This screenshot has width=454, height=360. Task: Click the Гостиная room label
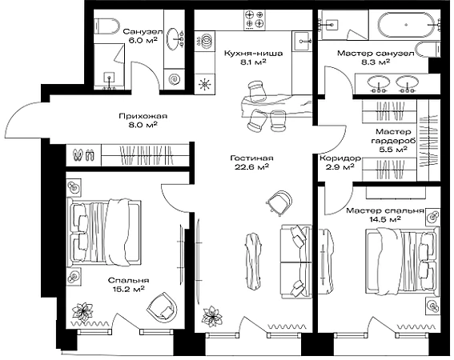(x=251, y=158)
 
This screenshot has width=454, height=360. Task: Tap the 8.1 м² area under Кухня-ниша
(x=253, y=62)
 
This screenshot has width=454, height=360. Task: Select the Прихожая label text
(x=143, y=116)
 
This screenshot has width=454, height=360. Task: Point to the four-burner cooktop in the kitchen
(x=255, y=19)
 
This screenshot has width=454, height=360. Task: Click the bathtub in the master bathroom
(x=406, y=25)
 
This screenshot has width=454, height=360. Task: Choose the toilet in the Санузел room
(x=106, y=26)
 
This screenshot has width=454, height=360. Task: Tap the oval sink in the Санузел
(x=175, y=38)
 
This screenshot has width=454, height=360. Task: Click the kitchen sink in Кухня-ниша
(x=302, y=41)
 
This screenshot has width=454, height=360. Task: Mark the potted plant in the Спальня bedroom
(x=82, y=312)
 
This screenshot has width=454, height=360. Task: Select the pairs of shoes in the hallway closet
(x=84, y=155)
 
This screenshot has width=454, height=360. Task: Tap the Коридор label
(x=340, y=158)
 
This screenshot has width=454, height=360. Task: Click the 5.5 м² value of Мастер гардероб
(x=393, y=150)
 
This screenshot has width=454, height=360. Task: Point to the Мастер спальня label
(x=385, y=210)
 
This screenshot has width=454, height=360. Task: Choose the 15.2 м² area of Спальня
(x=128, y=289)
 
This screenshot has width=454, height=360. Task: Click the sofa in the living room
(x=296, y=262)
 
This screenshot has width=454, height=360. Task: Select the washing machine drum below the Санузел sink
(x=175, y=79)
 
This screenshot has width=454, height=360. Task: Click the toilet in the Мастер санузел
(x=428, y=50)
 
